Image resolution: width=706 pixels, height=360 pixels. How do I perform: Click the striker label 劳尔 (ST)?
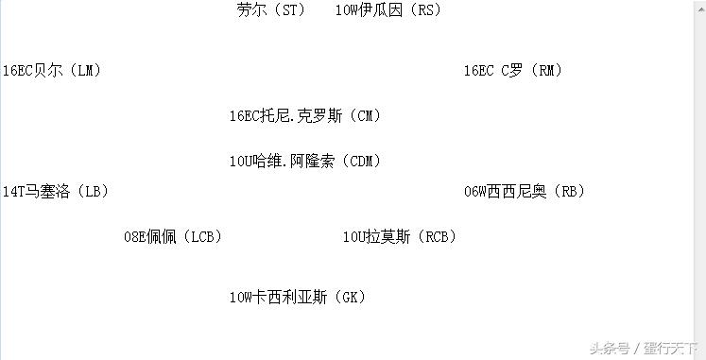point(270,10)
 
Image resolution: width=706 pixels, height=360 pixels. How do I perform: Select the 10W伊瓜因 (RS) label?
point(387,10)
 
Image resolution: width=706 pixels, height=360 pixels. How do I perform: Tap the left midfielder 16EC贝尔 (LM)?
point(52,71)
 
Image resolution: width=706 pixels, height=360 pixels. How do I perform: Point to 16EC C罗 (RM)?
point(513,71)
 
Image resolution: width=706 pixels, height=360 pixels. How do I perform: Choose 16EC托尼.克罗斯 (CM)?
point(304,116)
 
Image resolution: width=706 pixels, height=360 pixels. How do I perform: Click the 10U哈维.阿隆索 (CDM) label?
point(304,162)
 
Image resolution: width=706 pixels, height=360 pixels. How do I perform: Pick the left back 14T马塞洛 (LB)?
point(55,192)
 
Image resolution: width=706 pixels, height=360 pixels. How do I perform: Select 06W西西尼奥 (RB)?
point(524,192)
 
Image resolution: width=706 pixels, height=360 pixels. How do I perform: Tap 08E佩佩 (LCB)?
point(173,237)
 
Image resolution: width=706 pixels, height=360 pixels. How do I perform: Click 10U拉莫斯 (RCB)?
point(399,237)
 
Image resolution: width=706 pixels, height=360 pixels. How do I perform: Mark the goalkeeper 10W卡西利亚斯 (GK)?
point(297,298)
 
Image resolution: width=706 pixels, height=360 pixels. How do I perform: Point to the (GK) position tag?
point(347,298)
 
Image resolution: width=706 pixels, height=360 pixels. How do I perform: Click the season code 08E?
point(135,237)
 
